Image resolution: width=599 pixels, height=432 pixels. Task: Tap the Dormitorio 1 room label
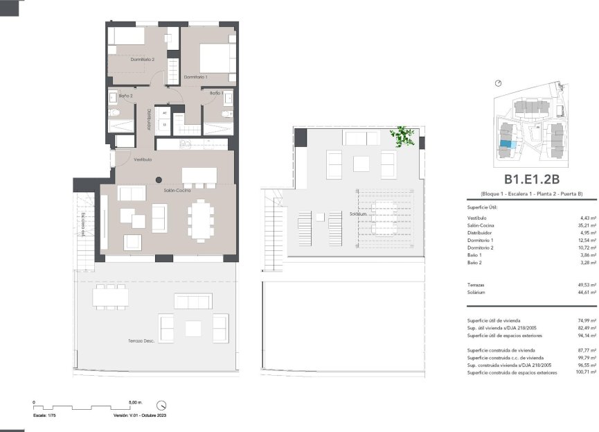(197, 76)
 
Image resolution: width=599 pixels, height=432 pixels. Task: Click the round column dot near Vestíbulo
(158, 178)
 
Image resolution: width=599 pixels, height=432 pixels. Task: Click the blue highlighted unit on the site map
(508, 144)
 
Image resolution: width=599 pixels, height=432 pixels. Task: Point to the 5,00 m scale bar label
(135, 402)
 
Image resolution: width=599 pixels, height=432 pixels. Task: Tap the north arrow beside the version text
(161, 405)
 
